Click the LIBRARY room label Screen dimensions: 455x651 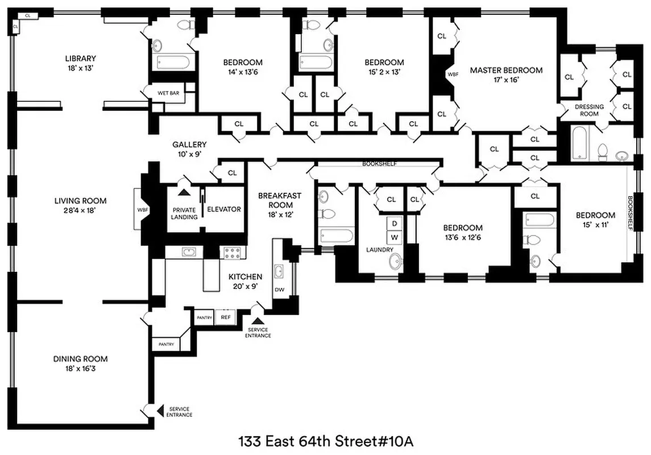pos(80,58)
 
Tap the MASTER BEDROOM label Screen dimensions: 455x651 pos(506,70)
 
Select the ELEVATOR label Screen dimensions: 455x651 pos(223,209)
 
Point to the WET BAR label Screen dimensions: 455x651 pos(169,93)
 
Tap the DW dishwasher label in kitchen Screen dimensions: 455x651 pos(279,289)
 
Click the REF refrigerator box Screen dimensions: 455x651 pos(226,317)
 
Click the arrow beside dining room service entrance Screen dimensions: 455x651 pos(160,409)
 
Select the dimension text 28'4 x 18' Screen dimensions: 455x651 pos(80,210)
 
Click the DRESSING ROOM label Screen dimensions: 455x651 pos(589,110)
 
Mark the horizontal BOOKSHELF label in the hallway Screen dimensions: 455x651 pos(380,164)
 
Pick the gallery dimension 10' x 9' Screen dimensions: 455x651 pos(189,154)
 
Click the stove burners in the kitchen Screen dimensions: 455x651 pos(233,253)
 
